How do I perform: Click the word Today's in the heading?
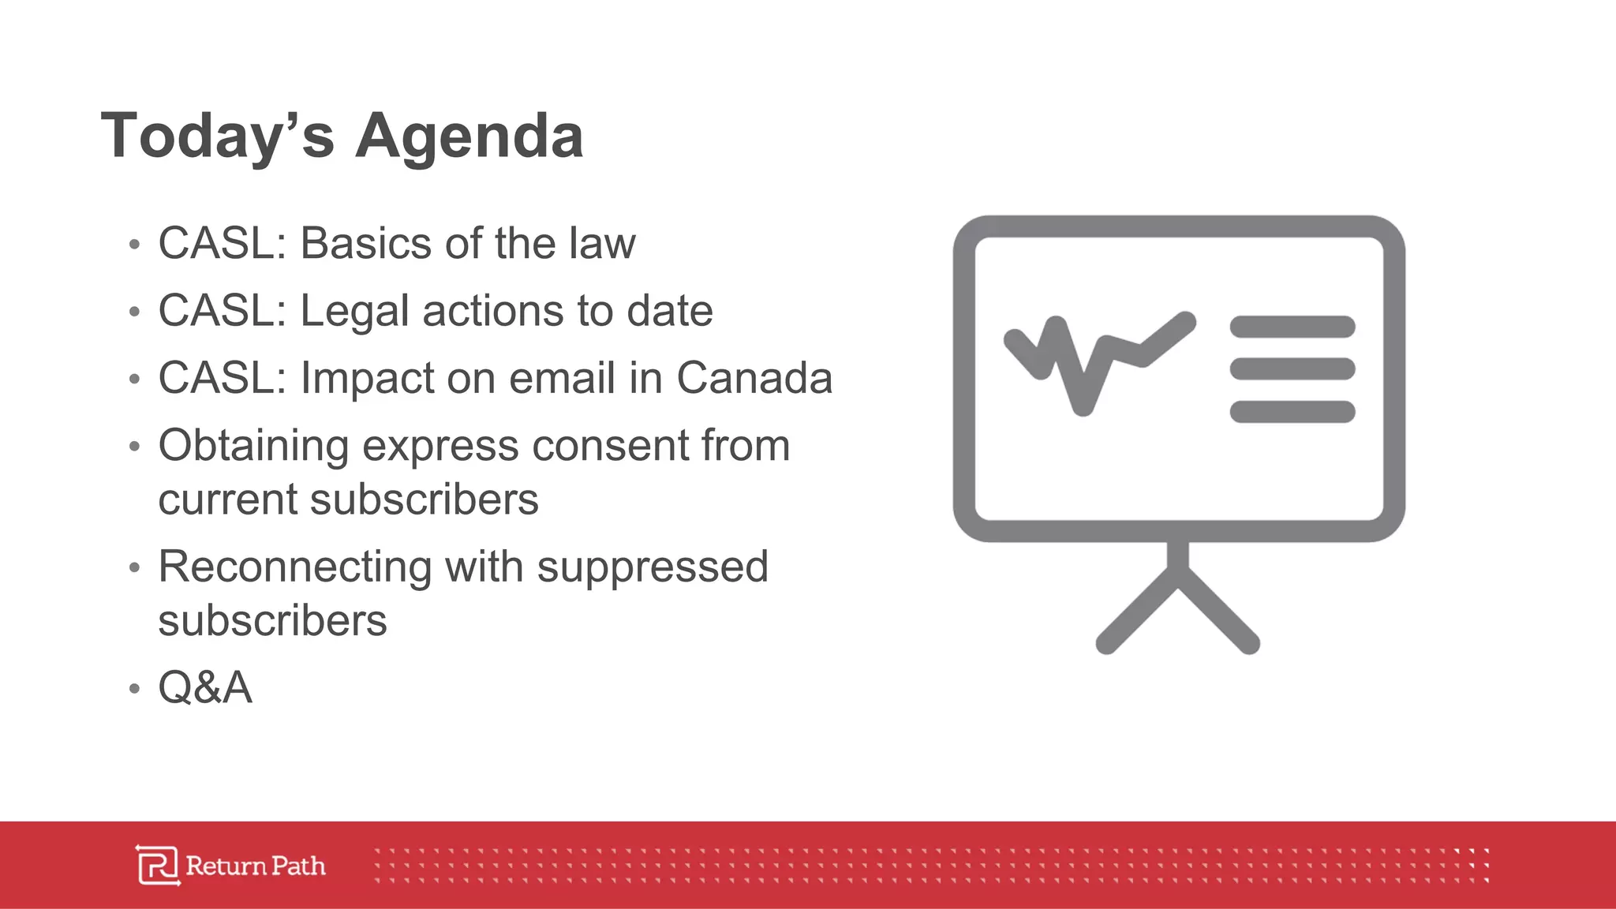218,136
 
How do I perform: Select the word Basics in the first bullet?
367,243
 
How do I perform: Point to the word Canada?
754,378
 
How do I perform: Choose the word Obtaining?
253,446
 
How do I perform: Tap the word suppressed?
652,567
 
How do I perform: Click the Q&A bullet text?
205,687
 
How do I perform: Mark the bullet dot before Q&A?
134,689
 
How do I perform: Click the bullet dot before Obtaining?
134,447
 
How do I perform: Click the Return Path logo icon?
157,866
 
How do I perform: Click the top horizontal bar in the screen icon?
1292,327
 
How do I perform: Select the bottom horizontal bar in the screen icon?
1292,412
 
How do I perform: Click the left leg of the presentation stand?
1137,612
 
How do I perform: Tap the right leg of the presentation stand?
1220,612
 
